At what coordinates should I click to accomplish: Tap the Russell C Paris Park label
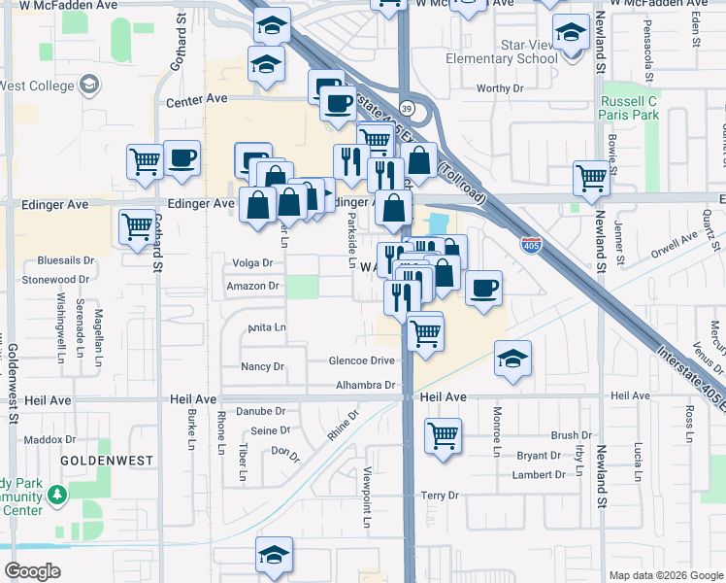pos(630,108)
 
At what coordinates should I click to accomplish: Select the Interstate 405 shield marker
pos(531,245)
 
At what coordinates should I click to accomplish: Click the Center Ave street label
pos(196,99)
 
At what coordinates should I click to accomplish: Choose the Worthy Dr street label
pos(500,88)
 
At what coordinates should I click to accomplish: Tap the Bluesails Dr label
pos(66,261)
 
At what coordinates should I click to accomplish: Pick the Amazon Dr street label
pos(252,287)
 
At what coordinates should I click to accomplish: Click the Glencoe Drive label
pos(363,360)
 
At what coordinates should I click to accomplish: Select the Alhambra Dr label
pos(365,385)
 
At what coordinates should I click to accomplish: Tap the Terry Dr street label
pos(440,496)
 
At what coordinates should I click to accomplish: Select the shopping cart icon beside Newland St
pos(591,178)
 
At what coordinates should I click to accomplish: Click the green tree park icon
pos(57,496)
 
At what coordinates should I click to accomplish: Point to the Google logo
pos(32,571)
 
